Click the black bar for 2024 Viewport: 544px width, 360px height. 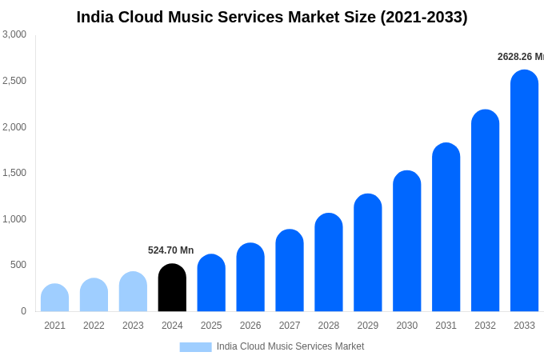pos(172,288)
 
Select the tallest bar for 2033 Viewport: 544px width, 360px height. pos(524,192)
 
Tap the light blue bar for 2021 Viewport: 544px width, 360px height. pos(54,298)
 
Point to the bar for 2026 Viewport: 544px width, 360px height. pos(250,278)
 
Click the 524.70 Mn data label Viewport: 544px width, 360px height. pos(170,250)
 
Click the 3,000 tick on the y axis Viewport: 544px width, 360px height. pos(14,34)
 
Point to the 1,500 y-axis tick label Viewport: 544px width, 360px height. pos(14,173)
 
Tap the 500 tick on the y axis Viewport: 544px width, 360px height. pos(18,265)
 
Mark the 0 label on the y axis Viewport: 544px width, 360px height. pos(23,311)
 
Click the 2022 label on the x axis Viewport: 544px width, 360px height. pos(94,326)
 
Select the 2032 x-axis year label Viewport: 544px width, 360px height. pos(485,326)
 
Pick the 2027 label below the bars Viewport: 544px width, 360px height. pos(290,326)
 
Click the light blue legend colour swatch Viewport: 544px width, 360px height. pos(195,347)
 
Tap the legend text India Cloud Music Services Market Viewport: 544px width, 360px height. pos(290,346)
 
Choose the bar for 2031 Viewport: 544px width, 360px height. pos(446,228)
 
